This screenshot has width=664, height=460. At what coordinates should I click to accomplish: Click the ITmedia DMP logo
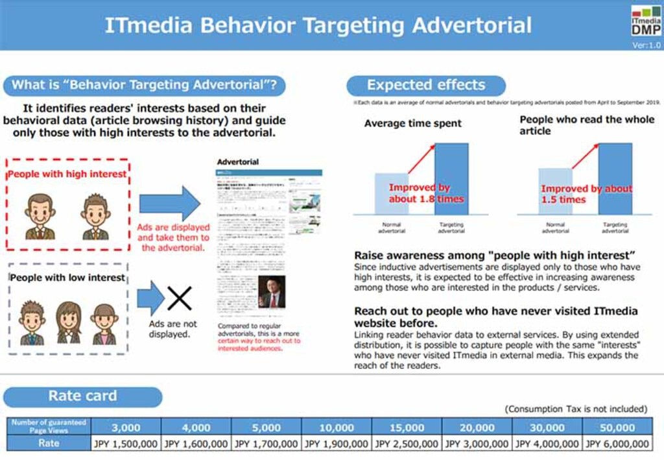click(646, 21)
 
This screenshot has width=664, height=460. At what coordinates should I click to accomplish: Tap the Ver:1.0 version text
click(646, 45)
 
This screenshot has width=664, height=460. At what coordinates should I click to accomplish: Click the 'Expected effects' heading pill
click(425, 85)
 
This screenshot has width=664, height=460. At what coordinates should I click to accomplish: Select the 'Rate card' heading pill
click(82, 396)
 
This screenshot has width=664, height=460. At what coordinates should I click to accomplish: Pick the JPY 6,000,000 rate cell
click(617, 444)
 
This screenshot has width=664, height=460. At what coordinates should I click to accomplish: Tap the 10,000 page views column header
click(337, 428)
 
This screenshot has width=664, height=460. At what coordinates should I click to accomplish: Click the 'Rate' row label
click(48, 443)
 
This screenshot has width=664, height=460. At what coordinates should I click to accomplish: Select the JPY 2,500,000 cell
click(407, 444)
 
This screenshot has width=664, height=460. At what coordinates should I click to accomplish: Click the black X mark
click(180, 298)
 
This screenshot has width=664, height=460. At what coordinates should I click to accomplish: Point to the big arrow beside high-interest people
click(170, 203)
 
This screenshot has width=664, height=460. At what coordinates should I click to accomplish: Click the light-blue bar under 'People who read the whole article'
click(556, 191)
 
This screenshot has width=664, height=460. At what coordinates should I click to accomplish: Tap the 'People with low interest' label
click(67, 278)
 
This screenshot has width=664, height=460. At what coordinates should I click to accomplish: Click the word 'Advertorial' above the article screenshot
click(238, 162)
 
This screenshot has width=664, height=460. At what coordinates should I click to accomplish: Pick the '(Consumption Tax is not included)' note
click(576, 409)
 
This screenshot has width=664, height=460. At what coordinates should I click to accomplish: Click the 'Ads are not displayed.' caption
click(172, 329)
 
